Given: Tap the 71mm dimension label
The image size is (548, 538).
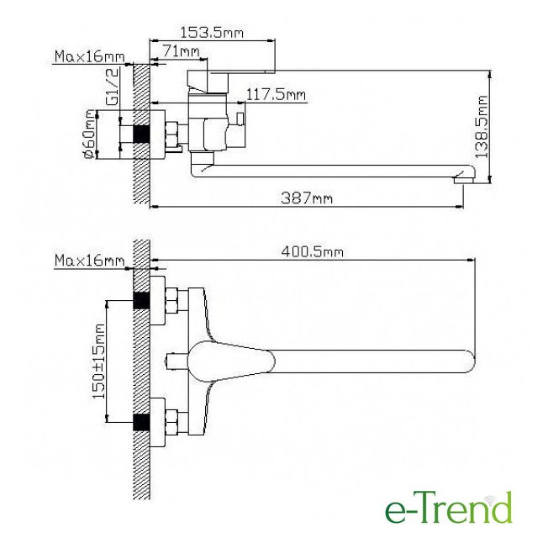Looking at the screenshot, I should [x=183, y=53].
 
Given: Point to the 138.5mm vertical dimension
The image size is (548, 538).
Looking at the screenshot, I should [x=482, y=127].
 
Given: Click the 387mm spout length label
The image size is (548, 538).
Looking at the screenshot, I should [x=307, y=198].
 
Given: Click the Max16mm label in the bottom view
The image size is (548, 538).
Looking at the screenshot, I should [x=89, y=261].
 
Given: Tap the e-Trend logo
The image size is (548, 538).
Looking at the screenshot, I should [x=448, y=507].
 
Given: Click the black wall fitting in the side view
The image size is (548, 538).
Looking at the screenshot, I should [x=142, y=134].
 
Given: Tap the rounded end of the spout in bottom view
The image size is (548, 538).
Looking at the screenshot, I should [x=467, y=361].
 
